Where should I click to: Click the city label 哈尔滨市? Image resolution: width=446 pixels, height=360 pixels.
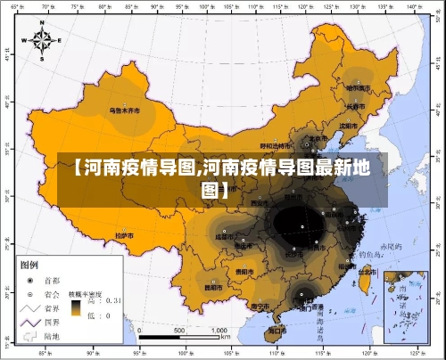tap(358, 87)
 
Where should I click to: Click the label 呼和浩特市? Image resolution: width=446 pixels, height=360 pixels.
tap(275, 146)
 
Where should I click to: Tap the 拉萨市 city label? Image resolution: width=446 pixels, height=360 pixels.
tap(125, 235)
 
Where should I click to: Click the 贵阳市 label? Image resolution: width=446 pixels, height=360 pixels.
tap(244, 271)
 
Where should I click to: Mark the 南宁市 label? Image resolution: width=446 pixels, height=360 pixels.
tap(261, 305)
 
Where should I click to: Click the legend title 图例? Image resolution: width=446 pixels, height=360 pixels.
tap(29, 265)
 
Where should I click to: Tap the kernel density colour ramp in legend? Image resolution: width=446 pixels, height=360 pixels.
tap(78, 308)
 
